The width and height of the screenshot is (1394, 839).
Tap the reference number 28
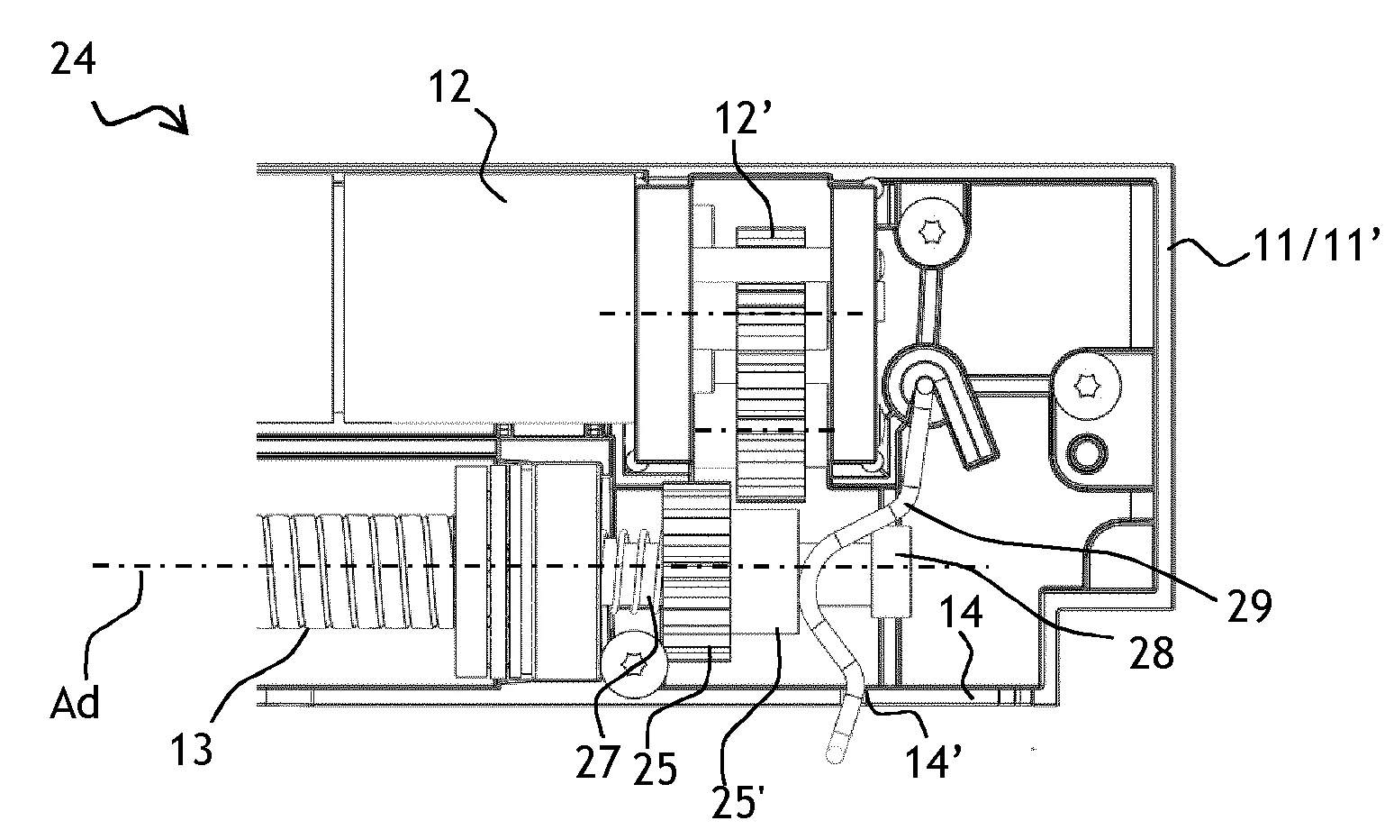(1153, 655)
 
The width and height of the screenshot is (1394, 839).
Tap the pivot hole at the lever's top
(925, 388)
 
